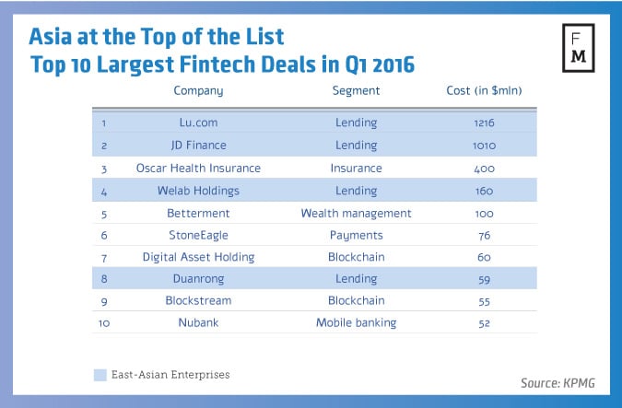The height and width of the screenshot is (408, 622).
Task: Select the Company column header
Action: [x=198, y=90]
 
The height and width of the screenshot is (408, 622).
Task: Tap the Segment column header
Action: [x=356, y=90]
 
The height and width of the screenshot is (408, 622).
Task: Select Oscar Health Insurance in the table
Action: [x=198, y=169]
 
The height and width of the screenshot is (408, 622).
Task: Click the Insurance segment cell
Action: [x=356, y=169]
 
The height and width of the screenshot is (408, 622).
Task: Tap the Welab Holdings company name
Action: [x=198, y=192]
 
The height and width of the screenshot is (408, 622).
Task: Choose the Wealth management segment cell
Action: [x=356, y=214]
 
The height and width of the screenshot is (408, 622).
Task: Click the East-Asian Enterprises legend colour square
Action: [x=100, y=375]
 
